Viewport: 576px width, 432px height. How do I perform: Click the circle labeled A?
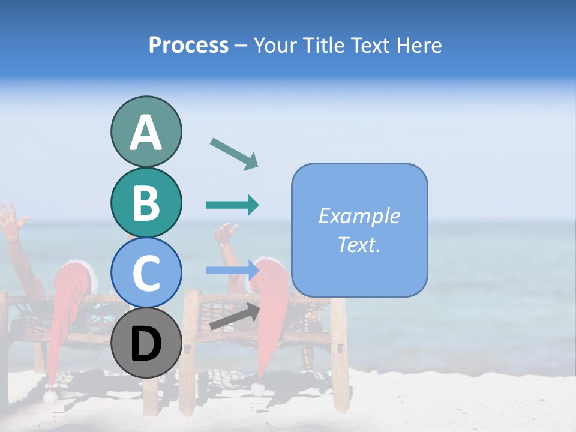146,131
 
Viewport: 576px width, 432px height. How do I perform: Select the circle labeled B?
146,202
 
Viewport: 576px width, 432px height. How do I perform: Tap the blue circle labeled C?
146,272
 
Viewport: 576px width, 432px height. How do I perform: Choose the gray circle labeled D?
146,343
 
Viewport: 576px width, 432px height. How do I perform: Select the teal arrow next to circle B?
232,205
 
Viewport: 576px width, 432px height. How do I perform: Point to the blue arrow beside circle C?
232,270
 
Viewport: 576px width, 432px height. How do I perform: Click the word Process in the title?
188,45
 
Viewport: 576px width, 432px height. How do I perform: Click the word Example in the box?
359,216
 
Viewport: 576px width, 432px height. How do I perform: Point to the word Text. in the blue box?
359,244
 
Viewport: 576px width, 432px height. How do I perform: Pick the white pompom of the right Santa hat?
258,389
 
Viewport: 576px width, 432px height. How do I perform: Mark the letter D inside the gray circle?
146,344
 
